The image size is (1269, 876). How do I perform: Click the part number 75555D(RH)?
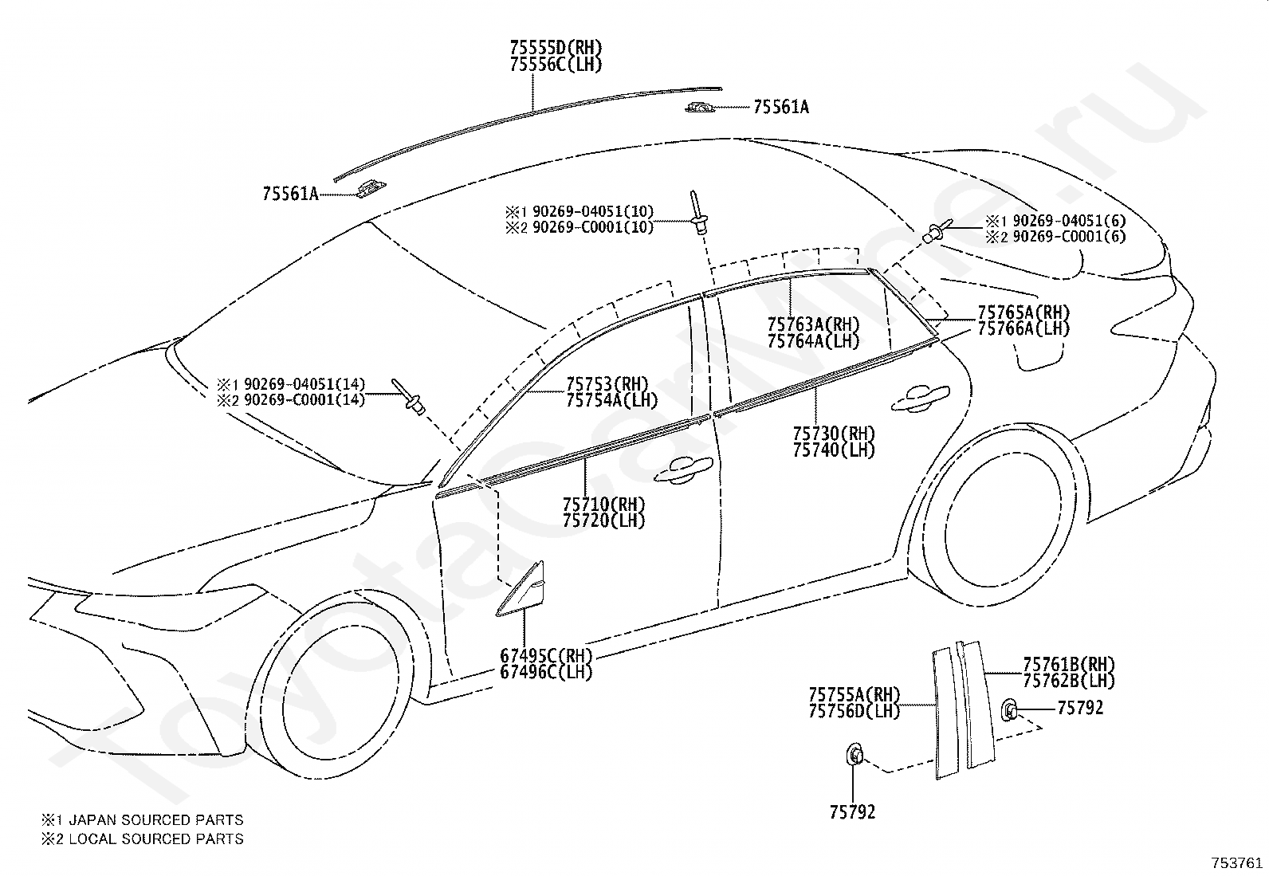click(x=556, y=47)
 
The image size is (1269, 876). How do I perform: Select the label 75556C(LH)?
click(x=556, y=65)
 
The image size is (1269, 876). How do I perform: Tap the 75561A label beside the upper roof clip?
click(x=780, y=107)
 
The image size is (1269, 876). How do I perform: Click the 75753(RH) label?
click(x=607, y=384)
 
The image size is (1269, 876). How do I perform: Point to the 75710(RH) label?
click(x=604, y=505)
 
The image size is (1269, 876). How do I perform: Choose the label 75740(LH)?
click(x=834, y=450)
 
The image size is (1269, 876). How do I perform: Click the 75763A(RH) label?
click(x=814, y=324)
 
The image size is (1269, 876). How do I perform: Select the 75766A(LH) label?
click(x=1023, y=328)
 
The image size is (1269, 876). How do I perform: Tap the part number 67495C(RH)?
click(x=546, y=656)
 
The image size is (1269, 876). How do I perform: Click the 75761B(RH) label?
click(x=1069, y=664)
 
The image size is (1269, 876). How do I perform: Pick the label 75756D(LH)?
click(x=855, y=711)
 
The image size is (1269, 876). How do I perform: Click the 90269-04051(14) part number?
click(x=304, y=384)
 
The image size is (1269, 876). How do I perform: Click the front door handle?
click(x=683, y=470)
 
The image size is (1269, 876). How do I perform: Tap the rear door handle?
click(x=920, y=398)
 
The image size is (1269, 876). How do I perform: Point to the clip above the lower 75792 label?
click(x=855, y=755)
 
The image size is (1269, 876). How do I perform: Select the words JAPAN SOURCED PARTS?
click(x=156, y=820)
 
